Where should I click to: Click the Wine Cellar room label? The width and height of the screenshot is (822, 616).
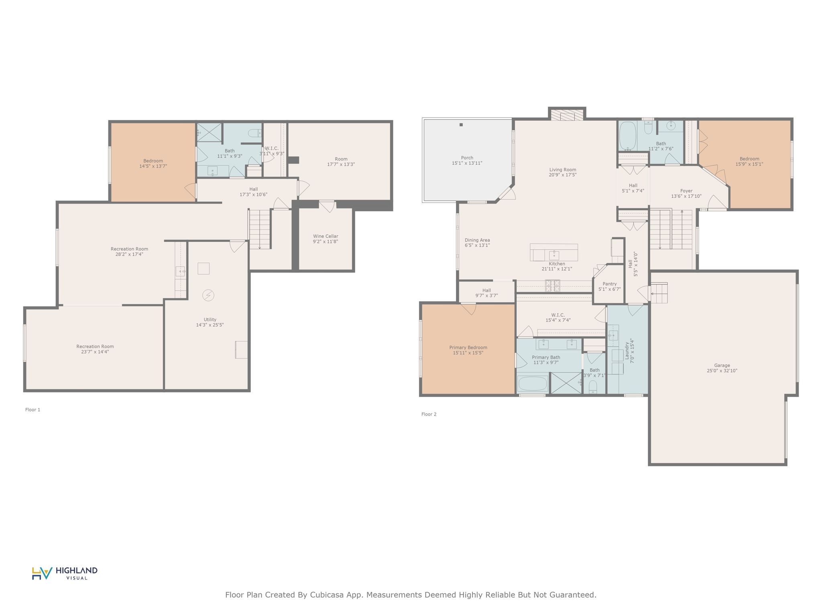coord(326,236)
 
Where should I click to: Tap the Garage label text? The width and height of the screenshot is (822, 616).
coord(722,365)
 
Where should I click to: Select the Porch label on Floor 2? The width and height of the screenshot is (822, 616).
coord(467,158)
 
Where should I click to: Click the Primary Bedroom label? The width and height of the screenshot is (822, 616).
coord(468,348)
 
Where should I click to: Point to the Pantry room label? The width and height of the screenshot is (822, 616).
coord(609,284)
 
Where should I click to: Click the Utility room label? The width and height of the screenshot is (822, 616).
coord(210,320)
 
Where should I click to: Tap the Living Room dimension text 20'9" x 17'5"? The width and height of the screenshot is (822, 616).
coord(563,175)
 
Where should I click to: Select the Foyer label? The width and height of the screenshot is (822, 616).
coord(686,191)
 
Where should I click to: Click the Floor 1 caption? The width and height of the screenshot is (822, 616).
coord(33,409)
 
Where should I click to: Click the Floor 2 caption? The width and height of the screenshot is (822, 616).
coord(429,414)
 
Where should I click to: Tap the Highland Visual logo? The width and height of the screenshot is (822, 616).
coord(65,573)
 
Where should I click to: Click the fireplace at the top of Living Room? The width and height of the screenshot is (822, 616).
coord(567,115)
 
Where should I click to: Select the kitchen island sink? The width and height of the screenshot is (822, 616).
coord(554,255)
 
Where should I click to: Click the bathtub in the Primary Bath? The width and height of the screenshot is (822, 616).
coord(533,384)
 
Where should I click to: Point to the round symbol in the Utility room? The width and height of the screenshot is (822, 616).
coord(208,295)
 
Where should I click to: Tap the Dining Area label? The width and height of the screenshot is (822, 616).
coord(477,240)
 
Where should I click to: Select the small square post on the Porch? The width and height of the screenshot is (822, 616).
coord(461,125)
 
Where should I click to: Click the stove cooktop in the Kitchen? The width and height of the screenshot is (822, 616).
coord(552,286)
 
